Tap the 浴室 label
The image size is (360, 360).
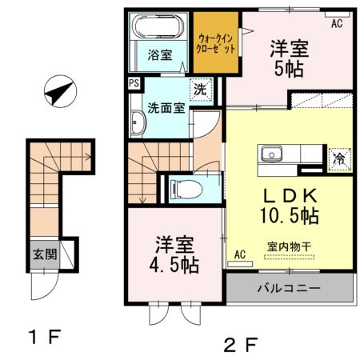click(160, 55)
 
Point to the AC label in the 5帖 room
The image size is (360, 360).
click(337, 24)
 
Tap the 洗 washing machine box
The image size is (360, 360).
click(201, 90)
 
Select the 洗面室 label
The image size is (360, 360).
click(165, 108)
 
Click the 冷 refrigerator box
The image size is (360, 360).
click(339, 158)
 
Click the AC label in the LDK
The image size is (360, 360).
click(239, 255)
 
